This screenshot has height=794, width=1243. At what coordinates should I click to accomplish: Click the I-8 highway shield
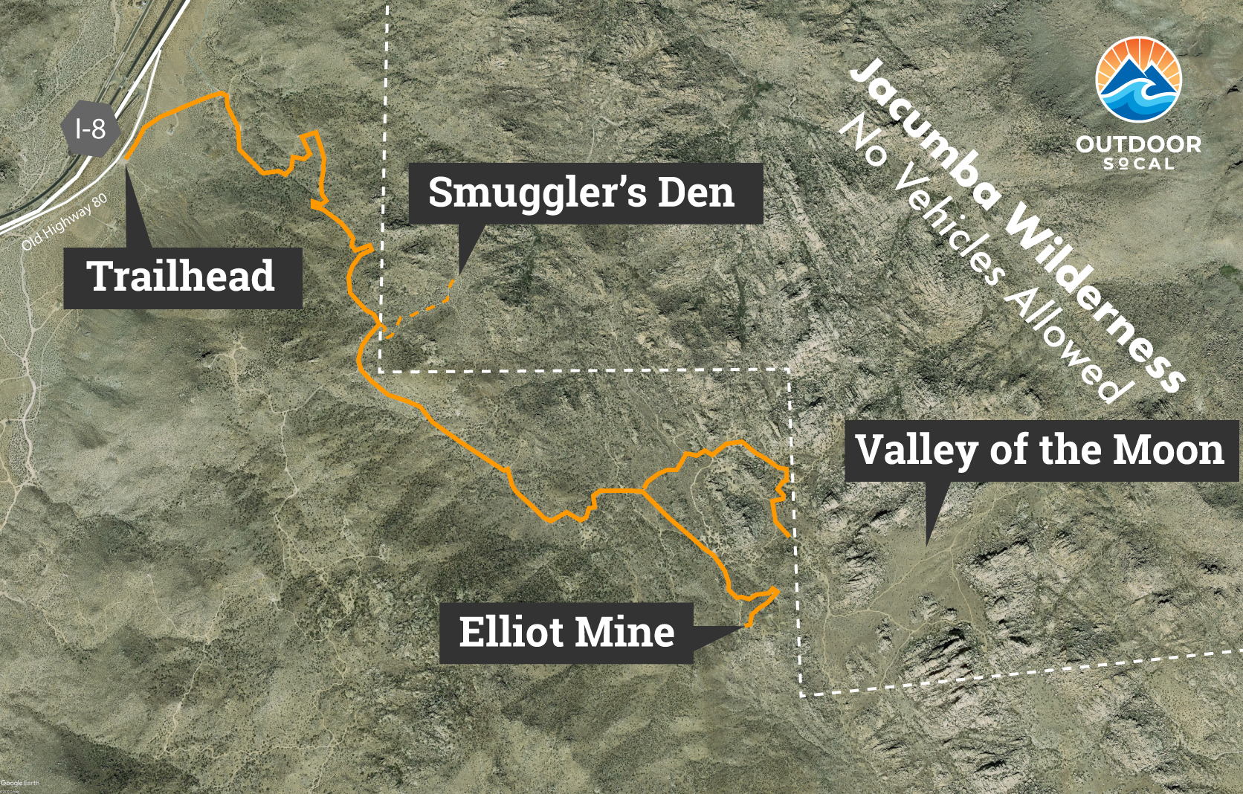pyautogui.click(x=91, y=130)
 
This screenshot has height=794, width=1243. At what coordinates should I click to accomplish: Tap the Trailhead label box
pyautogui.click(x=182, y=277)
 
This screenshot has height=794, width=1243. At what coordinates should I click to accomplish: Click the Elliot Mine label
pyautogui.click(x=566, y=633)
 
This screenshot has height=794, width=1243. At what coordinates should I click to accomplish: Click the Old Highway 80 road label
pyautogui.click(x=65, y=222)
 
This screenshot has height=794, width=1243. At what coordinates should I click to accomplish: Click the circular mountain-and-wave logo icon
pyautogui.click(x=1138, y=80)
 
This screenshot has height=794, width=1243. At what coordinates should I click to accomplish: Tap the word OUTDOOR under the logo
pyautogui.click(x=1138, y=144)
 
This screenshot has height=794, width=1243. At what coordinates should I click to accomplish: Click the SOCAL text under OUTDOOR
pyautogui.click(x=1138, y=164)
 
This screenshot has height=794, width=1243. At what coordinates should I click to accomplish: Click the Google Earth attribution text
pyautogui.click(x=19, y=783)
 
